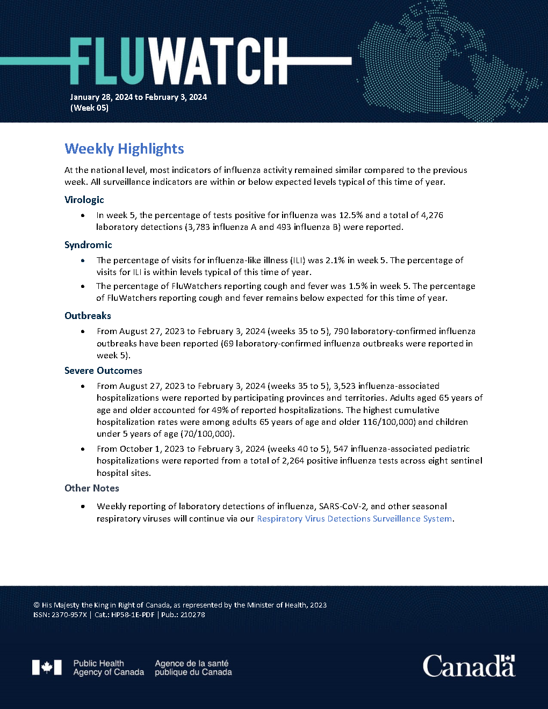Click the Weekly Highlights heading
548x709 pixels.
(x=124, y=149)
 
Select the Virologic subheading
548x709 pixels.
(x=84, y=200)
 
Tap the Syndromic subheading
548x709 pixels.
(x=88, y=245)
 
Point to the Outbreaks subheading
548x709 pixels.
(x=88, y=316)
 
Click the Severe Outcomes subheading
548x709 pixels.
(x=103, y=371)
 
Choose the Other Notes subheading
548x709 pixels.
(x=92, y=488)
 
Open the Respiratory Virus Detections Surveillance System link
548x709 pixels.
(x=355, y=519)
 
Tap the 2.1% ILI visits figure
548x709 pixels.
(x=335, y=261)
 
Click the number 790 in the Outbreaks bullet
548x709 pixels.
(x=341, y=331)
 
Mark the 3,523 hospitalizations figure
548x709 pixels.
(x=344, y=386)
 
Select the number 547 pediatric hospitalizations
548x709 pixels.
(x=341, y=449)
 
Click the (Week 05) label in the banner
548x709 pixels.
(x=89, y=108)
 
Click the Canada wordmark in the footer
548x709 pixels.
(x=468, y=666)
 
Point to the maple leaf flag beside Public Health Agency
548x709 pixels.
(x=47, y=668)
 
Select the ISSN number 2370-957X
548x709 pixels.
(x=69, y=615)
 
